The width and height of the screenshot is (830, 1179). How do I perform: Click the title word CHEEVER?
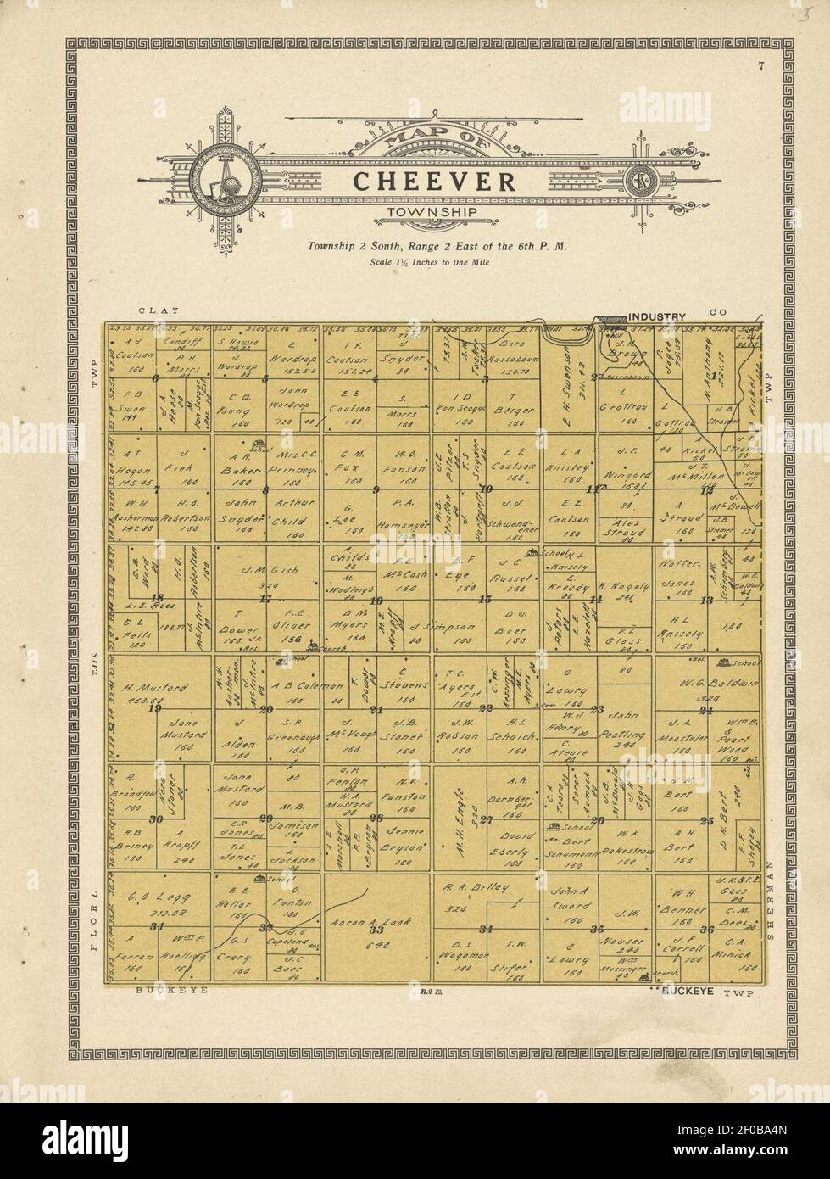[433, 181]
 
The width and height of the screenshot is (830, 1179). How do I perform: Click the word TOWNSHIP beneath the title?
[432, 212]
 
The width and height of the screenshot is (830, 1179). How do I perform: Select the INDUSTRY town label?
[656, 316]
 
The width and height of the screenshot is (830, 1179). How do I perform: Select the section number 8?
[266, 489]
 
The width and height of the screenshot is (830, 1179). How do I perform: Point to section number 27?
[487, 819]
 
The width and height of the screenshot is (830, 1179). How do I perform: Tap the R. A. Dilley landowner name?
[476, 887]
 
